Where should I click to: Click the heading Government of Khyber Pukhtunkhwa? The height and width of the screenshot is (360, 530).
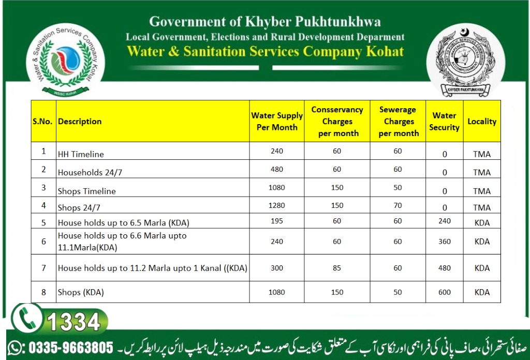(x=265, y=22)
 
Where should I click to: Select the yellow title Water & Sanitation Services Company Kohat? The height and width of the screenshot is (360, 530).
(x=265, y=51)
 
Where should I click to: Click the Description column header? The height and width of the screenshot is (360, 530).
(x=80, y=122)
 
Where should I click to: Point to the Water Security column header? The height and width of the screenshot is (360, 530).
(x=444, y=122)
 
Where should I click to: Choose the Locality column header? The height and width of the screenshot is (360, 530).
(x=482, y=122)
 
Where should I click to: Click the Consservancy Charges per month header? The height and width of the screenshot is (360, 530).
(x=337, y=122)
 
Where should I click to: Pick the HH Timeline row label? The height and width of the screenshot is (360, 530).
(x=81, y=154)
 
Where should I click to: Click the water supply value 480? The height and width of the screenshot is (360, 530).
(x=277, y=169)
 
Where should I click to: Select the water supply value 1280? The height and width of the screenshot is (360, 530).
(x=277, y=205)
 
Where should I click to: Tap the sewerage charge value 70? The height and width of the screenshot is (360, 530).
(x=397, y=205)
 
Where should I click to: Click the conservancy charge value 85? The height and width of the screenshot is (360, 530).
(x=337, y=268)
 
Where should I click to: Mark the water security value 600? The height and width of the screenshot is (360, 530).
(x=444, y=292)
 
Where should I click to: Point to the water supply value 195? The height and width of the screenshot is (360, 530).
(x=277, y=221)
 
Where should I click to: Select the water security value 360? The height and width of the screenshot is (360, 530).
(x=444, y=242)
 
